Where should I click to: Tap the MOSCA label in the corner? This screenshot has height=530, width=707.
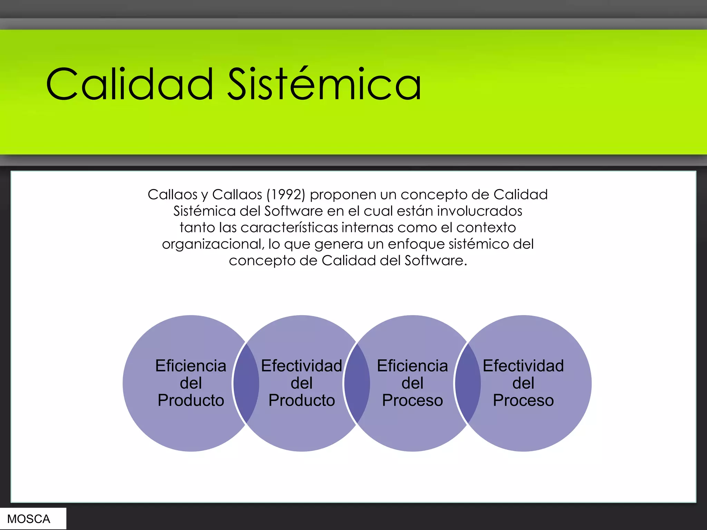coord(29,519)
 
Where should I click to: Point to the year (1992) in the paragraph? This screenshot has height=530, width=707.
coord(286,195)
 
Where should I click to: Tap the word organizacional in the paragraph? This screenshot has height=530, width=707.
coord(213,244)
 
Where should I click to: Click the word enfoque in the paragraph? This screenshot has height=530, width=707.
coord(416,244)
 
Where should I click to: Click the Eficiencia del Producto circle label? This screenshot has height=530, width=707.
coord(191,383)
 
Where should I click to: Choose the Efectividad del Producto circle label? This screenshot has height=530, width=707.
coord(301,383)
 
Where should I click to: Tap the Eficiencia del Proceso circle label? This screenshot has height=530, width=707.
coord(412,383)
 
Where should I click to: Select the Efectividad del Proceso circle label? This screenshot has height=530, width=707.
coord(523,383)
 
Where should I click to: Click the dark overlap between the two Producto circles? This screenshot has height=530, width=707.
coord(246,383)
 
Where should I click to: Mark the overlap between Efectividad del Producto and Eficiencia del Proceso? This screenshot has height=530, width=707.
coord(357,383)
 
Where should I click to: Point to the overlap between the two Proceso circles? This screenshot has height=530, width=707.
coord(468,383)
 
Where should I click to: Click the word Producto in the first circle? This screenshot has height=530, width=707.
coord(191,400)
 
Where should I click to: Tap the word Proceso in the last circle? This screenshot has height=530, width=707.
coord(523,400)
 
